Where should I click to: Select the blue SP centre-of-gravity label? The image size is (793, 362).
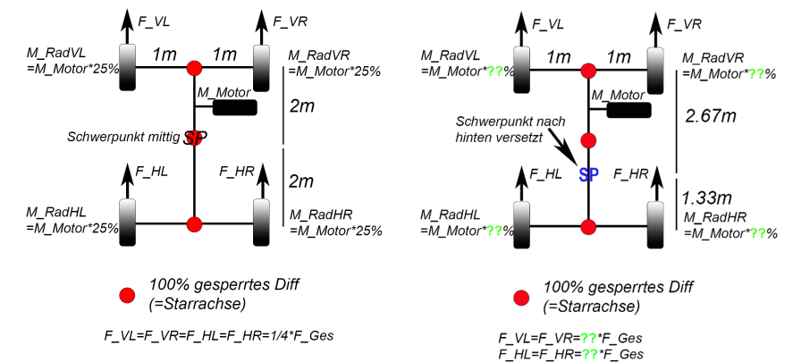click(588, 174)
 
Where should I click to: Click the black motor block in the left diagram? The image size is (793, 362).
click(234, 107)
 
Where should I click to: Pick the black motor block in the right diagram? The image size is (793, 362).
click(628, 110)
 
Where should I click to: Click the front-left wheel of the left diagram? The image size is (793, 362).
click(128, 67)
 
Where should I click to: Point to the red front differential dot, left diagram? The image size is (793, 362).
click(194, 67)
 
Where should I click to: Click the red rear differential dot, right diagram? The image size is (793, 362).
click(588, 226)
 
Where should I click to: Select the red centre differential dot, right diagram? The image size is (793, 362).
click(588, 140)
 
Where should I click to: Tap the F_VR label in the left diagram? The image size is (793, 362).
click(290, 21)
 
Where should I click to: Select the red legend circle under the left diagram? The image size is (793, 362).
click(127, 296)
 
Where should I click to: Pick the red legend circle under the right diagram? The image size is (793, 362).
click(521, 299)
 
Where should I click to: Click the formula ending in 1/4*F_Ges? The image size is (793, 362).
click(219, 335)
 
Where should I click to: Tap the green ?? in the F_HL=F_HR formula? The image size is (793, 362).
click(587, 353)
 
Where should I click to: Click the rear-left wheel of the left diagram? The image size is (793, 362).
click(128, 223)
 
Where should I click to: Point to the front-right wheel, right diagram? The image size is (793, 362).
click(656, 70)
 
